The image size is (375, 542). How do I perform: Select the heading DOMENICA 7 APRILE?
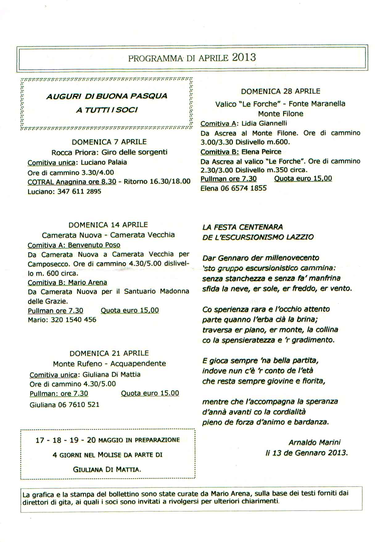point(109,142)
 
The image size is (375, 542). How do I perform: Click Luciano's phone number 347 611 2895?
point(79,191)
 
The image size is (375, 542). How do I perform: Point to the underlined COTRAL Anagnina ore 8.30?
point(72,182)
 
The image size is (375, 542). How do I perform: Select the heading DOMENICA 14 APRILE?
point(108,225)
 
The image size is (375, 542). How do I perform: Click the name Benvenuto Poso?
point(94,245)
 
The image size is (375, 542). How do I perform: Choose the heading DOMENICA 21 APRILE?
point(109,353)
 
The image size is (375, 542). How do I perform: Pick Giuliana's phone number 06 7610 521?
point(79,405)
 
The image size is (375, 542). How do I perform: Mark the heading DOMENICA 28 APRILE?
point(281,91)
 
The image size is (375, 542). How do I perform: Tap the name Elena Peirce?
point(262,152)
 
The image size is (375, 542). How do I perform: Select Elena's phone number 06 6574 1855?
point(244,188)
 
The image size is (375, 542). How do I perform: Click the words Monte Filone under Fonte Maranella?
point(281,114)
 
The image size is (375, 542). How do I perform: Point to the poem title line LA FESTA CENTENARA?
point(243,227)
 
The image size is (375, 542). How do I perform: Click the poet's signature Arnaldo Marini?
point(315,443)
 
